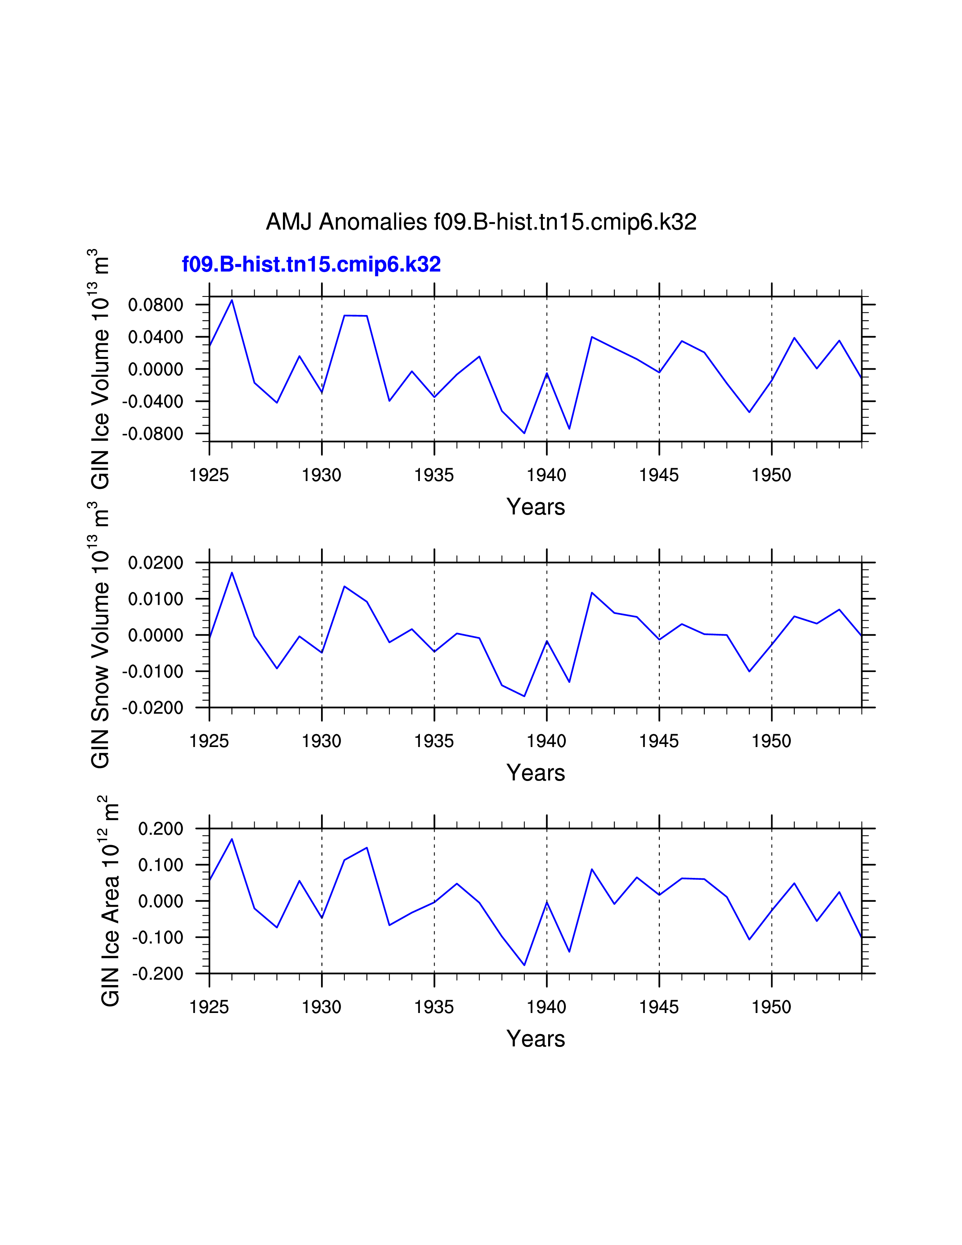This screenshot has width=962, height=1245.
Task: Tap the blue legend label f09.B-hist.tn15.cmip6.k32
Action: tap(311, 264)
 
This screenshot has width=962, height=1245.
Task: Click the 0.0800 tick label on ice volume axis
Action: tap(155, 305)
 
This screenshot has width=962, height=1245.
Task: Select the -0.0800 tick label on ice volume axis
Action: tap(153, 434)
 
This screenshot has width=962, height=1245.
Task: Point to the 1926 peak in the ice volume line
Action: tap(232, 300)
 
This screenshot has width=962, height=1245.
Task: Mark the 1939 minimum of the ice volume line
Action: tap(524, 433)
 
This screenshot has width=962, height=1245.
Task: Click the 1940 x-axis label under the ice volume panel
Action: tap(547, 475)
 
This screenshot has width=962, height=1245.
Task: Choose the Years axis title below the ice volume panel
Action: tap(535, 507)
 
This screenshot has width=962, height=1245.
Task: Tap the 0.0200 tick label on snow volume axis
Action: tap(155, 563)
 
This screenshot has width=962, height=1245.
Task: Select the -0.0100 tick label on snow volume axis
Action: tap(153, 672)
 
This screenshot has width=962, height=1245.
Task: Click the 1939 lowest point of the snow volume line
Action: tap(524, 696)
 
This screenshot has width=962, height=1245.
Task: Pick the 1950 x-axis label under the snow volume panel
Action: tap(771, 741)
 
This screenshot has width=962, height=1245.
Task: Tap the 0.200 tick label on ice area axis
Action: tap(161, 829)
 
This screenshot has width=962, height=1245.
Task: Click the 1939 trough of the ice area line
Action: tap(524, 965)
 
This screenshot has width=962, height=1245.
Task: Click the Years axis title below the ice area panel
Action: tap(535, 1039)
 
